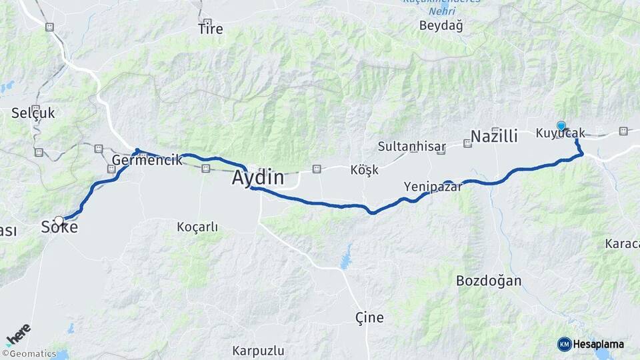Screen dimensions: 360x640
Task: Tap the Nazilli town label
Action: point(494,137)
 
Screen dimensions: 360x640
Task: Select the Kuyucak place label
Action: point(560,133)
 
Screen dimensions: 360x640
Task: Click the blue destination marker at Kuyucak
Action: point(561,125)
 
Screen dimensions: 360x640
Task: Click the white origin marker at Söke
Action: point(59,221)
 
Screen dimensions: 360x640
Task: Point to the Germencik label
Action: point(147,160)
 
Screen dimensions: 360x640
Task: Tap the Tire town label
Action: point(211,29)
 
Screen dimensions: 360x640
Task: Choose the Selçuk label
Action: point(33,113)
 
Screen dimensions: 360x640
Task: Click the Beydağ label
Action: point(441,25)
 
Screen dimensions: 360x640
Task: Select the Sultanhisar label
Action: point(407,145)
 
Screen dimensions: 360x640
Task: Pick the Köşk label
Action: point(364,169)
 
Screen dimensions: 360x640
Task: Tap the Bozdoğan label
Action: point(489,281)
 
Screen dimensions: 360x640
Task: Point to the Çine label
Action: point(370,317)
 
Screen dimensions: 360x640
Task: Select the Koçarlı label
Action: point(197,227)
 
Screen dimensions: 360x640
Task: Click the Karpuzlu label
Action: point(259,350)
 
